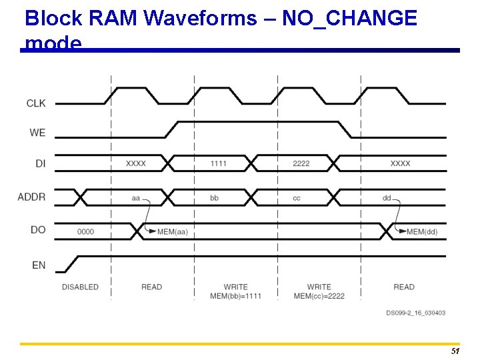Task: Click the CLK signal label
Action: point(36,103)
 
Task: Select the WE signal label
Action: point(37,133)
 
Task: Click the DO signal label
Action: point(38,230)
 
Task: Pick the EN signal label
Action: point(39,265)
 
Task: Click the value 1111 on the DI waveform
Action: point(218,163)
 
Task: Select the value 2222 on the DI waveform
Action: point(301,163)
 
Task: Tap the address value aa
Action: point(136,198)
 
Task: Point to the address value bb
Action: point(214,198)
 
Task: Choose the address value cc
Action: point(297,198)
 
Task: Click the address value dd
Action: point(387,198)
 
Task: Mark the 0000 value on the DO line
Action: point(85,231)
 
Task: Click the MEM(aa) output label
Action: point(172,231)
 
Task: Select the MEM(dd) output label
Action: point(422,231)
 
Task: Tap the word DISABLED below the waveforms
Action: point(80,287)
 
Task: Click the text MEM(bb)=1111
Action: point(235,296)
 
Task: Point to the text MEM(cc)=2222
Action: point(319,296)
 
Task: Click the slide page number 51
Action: point(455,351)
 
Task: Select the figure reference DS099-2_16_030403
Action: point(415,313)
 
